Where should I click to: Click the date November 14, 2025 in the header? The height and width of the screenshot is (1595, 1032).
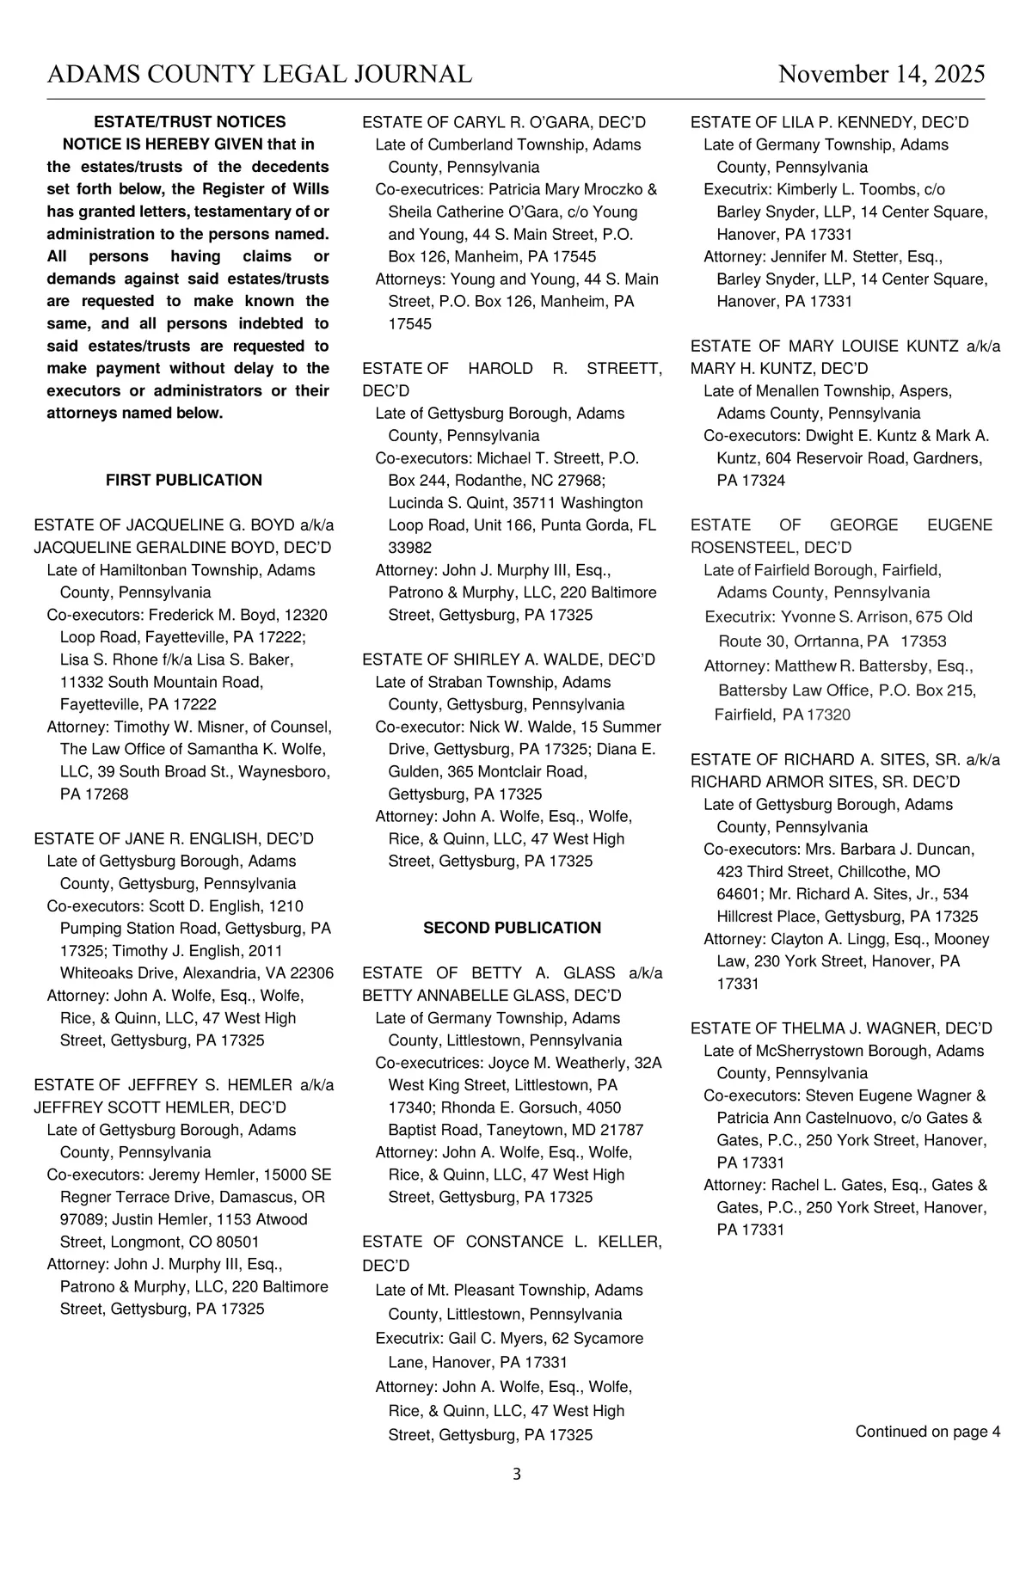(x=881, y=75)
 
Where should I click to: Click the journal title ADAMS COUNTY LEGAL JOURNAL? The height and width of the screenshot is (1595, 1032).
(x=259, y=75)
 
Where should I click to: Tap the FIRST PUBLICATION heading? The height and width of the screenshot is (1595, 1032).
(x=184, y=480)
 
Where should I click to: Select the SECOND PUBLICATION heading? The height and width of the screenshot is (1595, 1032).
(x=512, y=928)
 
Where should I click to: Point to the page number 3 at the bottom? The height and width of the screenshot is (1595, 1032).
(x=516, y=1475)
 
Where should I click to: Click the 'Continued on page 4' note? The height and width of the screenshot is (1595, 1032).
(x=927, y=1432)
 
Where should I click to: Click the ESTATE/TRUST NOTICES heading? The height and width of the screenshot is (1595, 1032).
(x=189, y=122)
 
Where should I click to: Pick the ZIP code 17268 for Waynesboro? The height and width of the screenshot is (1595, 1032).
(x=107, y=794)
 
